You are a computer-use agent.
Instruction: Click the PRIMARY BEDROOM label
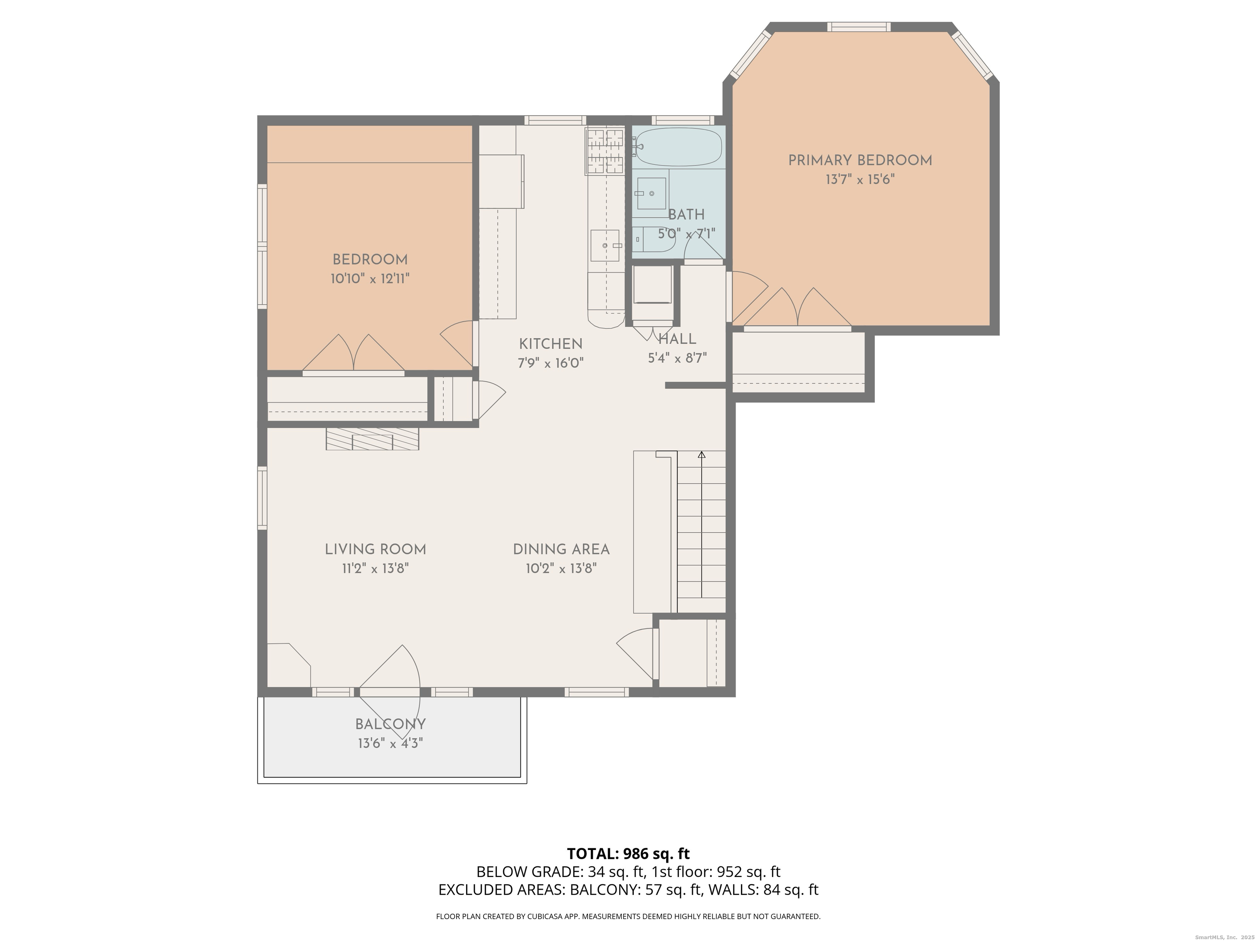tap(860, 161)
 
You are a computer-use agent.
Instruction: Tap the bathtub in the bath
tap(678, 146)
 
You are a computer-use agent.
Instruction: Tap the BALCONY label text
tap(390, 724)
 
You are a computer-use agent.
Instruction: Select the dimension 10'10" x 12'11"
tap(370, 279)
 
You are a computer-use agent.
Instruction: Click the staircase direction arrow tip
tap(702, 454)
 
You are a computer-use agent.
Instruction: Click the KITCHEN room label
tap(551, 344)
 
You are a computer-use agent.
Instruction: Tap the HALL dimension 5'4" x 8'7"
tap(677, 358)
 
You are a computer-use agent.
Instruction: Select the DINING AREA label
tap(561, 549)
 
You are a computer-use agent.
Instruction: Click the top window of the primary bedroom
tap(858, 27)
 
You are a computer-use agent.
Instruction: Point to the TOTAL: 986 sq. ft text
tap(628, 853)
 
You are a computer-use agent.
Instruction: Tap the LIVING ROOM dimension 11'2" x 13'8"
tap(375, 568)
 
